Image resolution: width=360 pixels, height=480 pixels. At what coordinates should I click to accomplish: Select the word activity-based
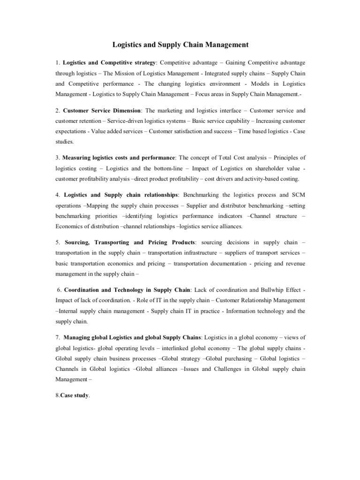(x=263, y=179)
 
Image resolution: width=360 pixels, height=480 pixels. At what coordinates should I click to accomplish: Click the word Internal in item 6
(x=69, y=311)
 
